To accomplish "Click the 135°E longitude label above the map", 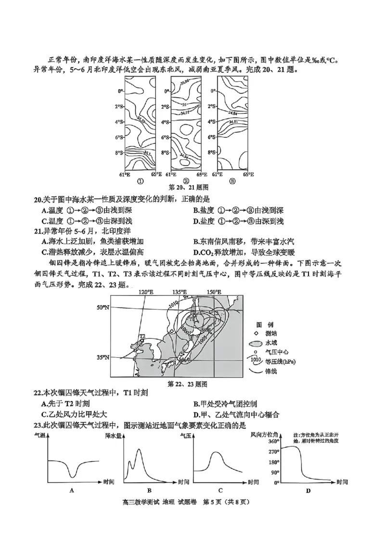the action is pyautogui.click(x=180, y=292).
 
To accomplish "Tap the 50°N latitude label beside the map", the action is pyautogui.click(x=103, y=307).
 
